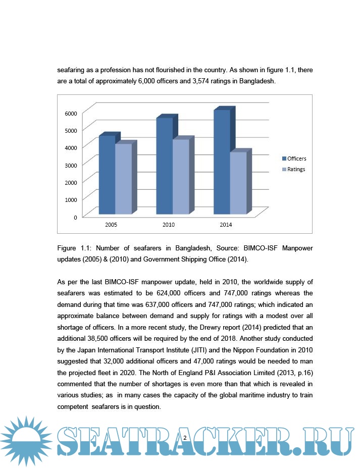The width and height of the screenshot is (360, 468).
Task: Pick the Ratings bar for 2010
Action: tap(181, 177)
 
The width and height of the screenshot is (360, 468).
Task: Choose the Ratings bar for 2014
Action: tap(239, 183)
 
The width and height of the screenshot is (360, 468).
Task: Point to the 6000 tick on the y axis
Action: tap(71, 113)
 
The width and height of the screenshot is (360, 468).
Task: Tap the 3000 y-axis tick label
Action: tap(71, 165)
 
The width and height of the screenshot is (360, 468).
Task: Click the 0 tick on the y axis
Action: tap(75, 217)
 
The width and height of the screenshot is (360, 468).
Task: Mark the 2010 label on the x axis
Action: tap(169, 225)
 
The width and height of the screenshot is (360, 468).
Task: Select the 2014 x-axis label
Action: tap(226, 225)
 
